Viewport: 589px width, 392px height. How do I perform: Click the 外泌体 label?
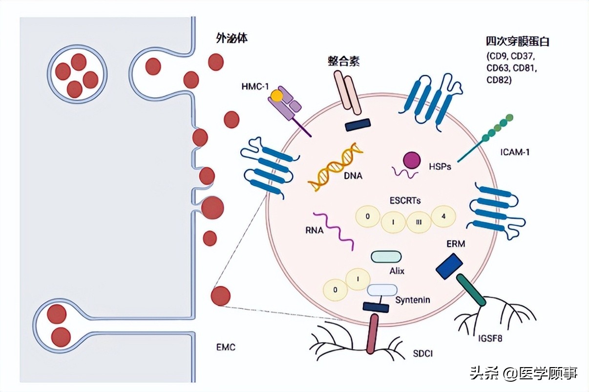click(x=231, y=38)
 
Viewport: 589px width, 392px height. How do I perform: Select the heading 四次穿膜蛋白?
click(x=517, y=42)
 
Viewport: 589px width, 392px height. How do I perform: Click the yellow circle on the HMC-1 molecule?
click(x=277, y=96)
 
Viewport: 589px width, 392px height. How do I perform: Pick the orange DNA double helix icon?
click(x=336, y=167)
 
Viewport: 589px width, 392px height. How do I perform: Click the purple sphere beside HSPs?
click(x=411, y=159)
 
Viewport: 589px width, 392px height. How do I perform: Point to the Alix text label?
click(x=397, y=270)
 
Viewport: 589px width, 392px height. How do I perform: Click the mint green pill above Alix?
click(x=386, y=257)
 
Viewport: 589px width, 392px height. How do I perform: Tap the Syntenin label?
click(x=413, y=300)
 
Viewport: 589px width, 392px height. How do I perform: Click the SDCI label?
click(x=422, y=353)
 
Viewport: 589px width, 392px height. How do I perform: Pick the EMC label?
click(x=226, y=348)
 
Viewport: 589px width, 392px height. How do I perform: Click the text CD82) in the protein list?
click(x=499, y=80)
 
